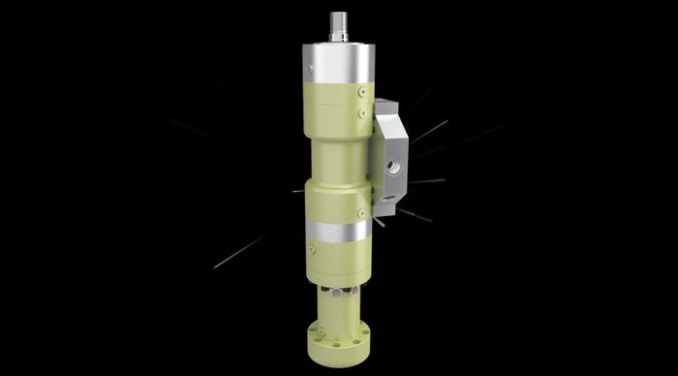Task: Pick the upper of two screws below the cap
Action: click(x=361, y=93)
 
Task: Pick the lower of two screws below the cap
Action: click(x=361, y=112)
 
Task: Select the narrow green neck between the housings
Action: click(x=335, y=159)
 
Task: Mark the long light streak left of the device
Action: click(x=238, y=253)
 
